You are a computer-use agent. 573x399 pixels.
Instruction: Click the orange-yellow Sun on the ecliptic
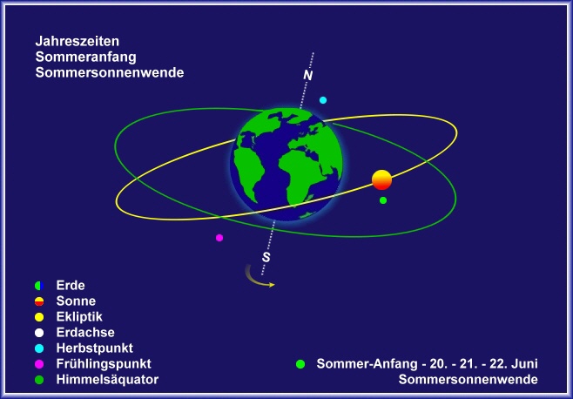382,180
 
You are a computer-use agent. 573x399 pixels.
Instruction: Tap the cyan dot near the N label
323,100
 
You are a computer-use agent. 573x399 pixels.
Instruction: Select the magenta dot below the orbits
219,238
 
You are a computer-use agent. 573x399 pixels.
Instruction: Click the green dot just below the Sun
383,200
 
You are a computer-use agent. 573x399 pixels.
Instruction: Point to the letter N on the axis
308,75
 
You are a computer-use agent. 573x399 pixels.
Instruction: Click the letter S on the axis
266,258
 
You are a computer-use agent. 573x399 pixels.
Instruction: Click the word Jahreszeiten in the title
78,41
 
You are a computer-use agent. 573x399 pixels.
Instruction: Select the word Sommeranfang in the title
86,57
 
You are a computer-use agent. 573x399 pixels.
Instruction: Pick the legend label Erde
71,285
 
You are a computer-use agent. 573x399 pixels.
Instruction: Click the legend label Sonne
76,301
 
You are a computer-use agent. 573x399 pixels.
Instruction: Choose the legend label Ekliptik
79,317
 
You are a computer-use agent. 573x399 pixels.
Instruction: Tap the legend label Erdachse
85,333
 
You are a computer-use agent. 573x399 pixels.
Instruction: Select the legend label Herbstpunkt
95,348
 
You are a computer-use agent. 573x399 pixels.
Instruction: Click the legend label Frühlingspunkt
104,364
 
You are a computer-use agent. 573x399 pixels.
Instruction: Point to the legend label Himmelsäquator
107,380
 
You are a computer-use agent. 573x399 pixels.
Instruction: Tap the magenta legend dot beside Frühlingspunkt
39,364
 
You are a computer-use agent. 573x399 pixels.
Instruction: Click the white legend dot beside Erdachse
39,333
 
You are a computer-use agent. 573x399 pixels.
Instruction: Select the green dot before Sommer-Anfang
300,364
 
